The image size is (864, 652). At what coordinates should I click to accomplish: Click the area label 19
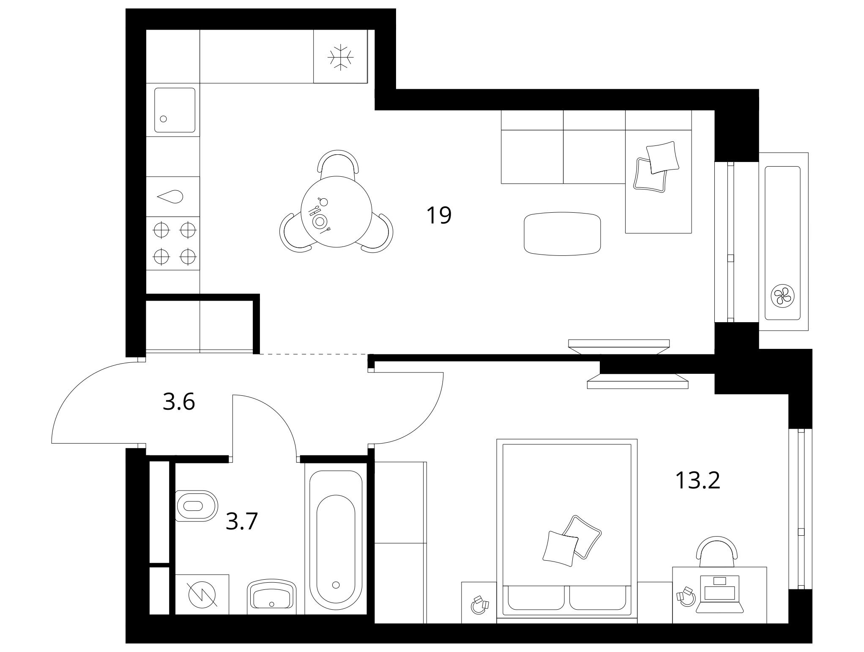point(439,215)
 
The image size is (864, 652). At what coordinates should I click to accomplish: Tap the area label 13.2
point(697,480)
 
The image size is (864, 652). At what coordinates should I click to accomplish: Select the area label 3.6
point(179,402)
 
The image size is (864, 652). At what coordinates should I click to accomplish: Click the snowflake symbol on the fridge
point(340,57)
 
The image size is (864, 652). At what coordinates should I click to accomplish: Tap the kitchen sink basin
point(175,110)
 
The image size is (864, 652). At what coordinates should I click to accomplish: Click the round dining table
point(336,212)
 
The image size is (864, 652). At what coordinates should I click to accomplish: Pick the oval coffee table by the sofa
point(562,234)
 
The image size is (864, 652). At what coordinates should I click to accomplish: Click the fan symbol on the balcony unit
point(782,295)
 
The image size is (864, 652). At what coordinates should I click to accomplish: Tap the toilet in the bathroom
point(197,506)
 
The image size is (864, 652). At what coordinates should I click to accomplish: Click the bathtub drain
point(336,585)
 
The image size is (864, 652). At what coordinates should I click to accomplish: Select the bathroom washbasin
point(272,597)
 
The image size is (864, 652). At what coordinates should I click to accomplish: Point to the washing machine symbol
point(202,594)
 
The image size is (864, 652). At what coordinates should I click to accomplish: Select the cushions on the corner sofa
point(656,167)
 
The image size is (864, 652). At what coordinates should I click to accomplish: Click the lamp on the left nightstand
point(479,604)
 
